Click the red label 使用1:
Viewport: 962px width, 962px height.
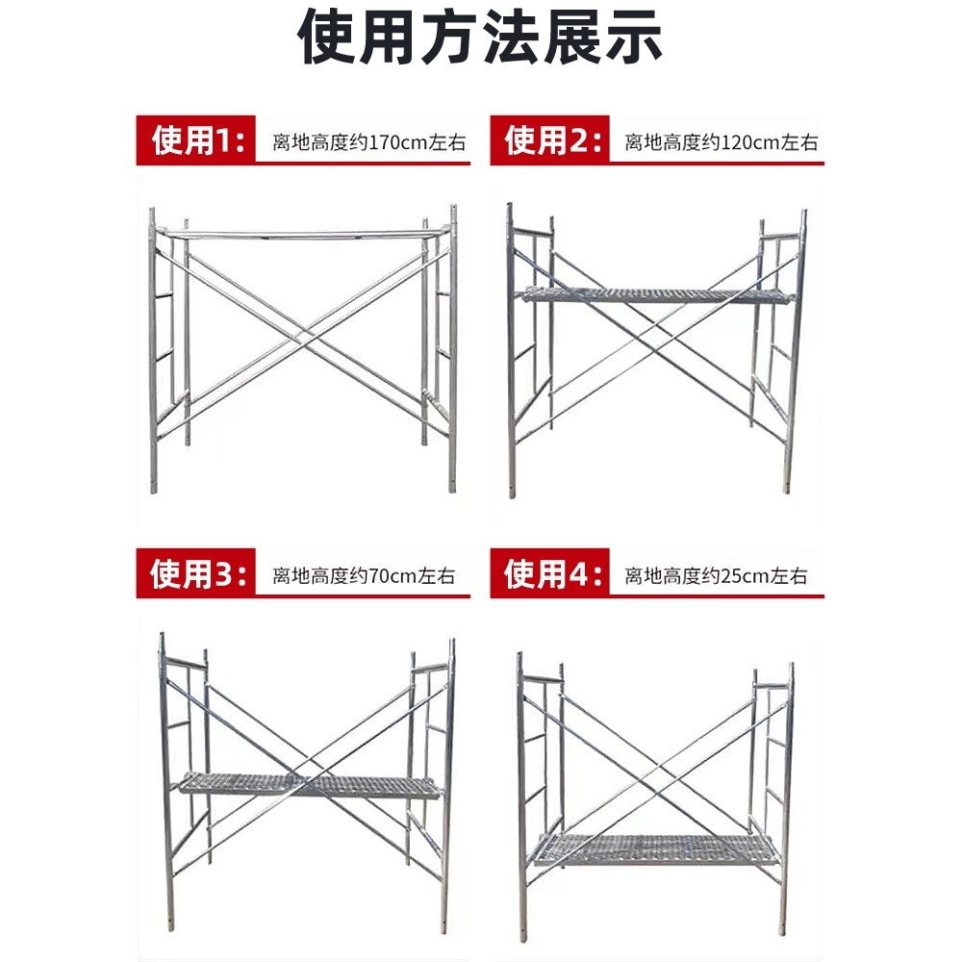(196, 141)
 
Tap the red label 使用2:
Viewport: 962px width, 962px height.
(550, 141)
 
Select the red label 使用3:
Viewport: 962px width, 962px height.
(196, 575)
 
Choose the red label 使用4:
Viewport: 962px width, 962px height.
(550, 575)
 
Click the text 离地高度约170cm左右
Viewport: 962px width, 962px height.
(369, 142)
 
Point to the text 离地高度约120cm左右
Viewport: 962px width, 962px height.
(721, 142)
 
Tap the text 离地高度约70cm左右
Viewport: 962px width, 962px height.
(364, 576)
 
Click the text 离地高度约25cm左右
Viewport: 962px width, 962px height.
(716, 576)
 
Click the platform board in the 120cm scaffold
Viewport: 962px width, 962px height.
(656, 295)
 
